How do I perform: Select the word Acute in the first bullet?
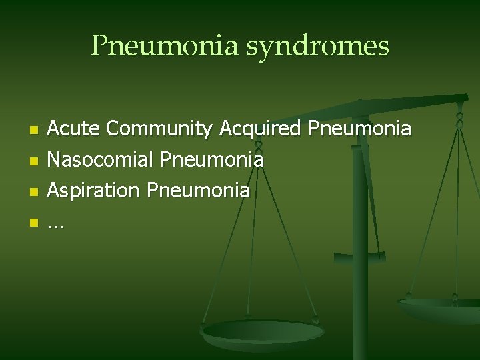pos(74,128)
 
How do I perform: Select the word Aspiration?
pos(94,191)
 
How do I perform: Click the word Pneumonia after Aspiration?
pos(199,191)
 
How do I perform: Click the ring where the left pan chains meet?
pos(259,145)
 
